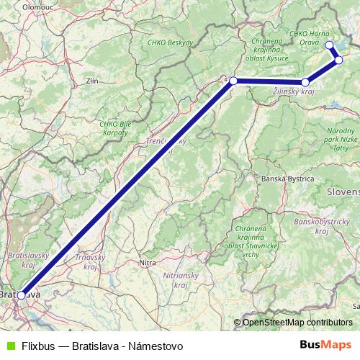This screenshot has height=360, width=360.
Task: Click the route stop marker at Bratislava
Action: [x=22, y=295]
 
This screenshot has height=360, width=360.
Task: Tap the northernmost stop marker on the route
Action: [x=330, y=45]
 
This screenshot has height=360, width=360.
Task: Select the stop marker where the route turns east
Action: [x=233, y=81]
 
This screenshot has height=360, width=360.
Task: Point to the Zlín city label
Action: [x=91, y=81]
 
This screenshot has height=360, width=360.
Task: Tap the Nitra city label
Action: [x=147, y=263]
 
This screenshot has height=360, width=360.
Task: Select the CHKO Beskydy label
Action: [x=169, y=42]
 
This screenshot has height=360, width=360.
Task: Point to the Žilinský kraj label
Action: [x=294, y=92]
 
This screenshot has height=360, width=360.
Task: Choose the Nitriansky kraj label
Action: [x=176, y=280]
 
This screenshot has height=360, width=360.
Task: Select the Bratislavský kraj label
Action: [x=26, y=260]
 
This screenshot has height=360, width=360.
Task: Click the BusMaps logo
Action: [x=325, y=346]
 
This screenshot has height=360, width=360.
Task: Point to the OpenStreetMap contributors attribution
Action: [x=297, y=323]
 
